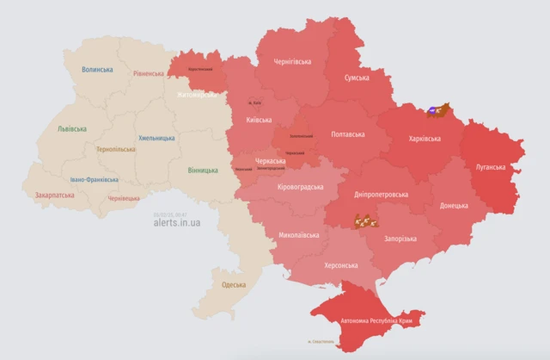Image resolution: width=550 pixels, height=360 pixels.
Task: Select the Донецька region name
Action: pos(454,206)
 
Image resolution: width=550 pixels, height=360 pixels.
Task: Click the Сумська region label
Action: pos(357,78)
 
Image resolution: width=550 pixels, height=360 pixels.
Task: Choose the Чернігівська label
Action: pos(292,62)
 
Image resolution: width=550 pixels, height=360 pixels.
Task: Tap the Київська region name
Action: pos(260,121)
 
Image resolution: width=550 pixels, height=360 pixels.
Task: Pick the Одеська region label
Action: pos(234,284)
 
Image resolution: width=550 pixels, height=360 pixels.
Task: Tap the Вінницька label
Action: pos(203,171)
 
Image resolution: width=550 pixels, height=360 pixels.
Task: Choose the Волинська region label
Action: pos(97,69)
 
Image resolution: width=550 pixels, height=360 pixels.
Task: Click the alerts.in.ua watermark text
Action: pos(177,222)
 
